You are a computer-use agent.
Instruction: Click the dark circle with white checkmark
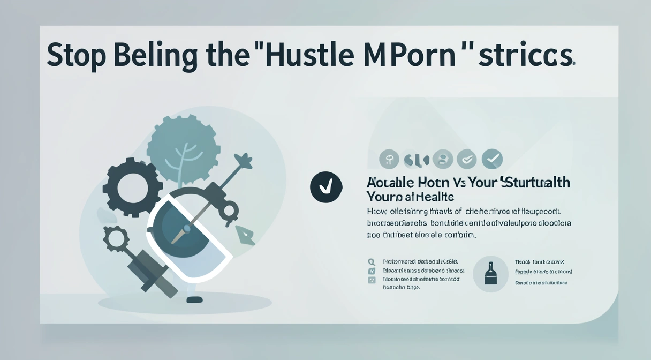click(x=326, y=186)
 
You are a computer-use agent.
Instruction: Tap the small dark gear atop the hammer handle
click(x=115, y=238)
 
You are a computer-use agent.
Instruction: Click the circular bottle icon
click(x=490, y=274)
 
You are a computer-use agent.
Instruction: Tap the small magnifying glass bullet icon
click(x=372, y=262)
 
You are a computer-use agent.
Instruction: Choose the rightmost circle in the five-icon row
click(x=492, y=159)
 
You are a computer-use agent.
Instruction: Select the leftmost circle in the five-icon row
click(x=389, y=159)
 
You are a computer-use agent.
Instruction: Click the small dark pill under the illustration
click(x=195, y=299)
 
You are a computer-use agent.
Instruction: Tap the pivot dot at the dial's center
click(x=187, y=229)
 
